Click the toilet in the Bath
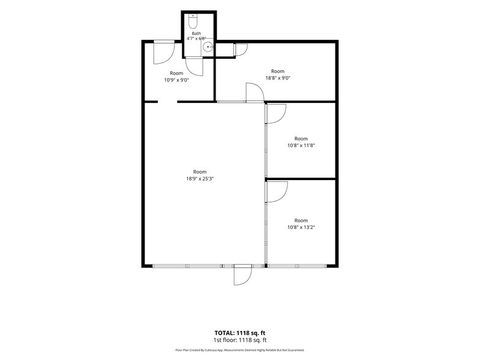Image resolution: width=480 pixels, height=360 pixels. click(193, 21)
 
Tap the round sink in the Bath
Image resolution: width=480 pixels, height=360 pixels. click(208, 47)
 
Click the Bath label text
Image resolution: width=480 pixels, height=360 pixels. click(197, 33)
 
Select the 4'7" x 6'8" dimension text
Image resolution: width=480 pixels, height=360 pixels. click(197, 39)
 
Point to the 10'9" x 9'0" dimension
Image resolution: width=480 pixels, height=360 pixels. click(176, 80)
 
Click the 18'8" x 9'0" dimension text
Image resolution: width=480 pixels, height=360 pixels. click(278, 78)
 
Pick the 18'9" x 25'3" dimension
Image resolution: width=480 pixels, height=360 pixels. click(200, 179)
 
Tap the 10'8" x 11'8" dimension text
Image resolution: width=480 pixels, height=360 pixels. click(301, 146)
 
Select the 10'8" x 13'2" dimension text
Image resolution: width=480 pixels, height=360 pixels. click(301, 227)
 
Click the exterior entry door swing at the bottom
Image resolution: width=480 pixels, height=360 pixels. click(242, 276)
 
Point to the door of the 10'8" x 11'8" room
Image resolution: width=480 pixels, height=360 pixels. click(276, 114)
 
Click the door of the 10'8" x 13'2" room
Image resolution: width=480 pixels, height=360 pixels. click(277, 192)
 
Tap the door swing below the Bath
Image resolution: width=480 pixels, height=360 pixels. click(195, 66)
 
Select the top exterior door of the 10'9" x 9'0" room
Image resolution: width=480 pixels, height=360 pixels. click(164, 53)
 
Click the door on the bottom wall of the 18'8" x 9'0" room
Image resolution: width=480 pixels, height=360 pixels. click(255, 92)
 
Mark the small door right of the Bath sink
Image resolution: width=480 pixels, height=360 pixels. click(241, 50)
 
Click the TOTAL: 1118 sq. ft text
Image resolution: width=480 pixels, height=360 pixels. click(240, 333)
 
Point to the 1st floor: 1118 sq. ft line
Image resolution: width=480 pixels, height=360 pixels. click(240, 340)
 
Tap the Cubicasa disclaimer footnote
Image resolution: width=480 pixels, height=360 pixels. click(240, 350)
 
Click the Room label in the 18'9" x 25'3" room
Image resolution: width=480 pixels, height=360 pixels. click(200, 171)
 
